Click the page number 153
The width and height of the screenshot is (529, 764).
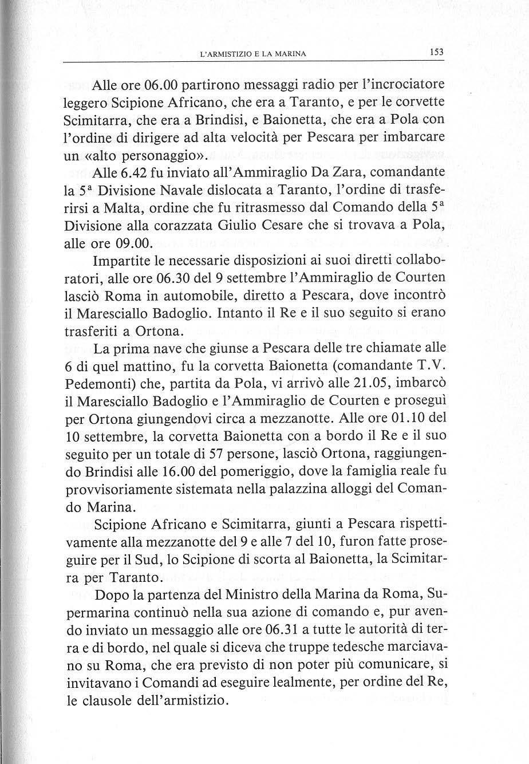click(x=437, y=52)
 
